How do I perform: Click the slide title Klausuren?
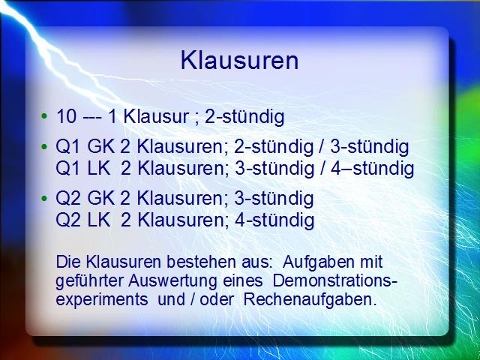pyautogui.click(x=240, y=60)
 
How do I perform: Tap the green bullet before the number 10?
pyautogui.click(x=44, y=116)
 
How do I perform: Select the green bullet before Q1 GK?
pyautogui.click(x=44, y=147)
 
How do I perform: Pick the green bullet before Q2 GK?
pyautogui.click(x=44, y=198)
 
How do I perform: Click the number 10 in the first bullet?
pyautogui.click(x=66, y=116)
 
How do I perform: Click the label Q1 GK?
pyautogui.click(x=85, y=147)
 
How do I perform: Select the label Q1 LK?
pyautogui.click(x=83, y=169)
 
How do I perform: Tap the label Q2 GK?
pyautogui.click(x=85, y=199)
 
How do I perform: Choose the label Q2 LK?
pyautogui.click(x=83, y=220)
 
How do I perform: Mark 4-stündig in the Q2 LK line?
pyautogui.click(x=274, y=220)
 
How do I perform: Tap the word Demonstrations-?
pyautogui.click(x=335, y=281)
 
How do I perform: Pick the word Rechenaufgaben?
pyautogui.click(x=310, y=300)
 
